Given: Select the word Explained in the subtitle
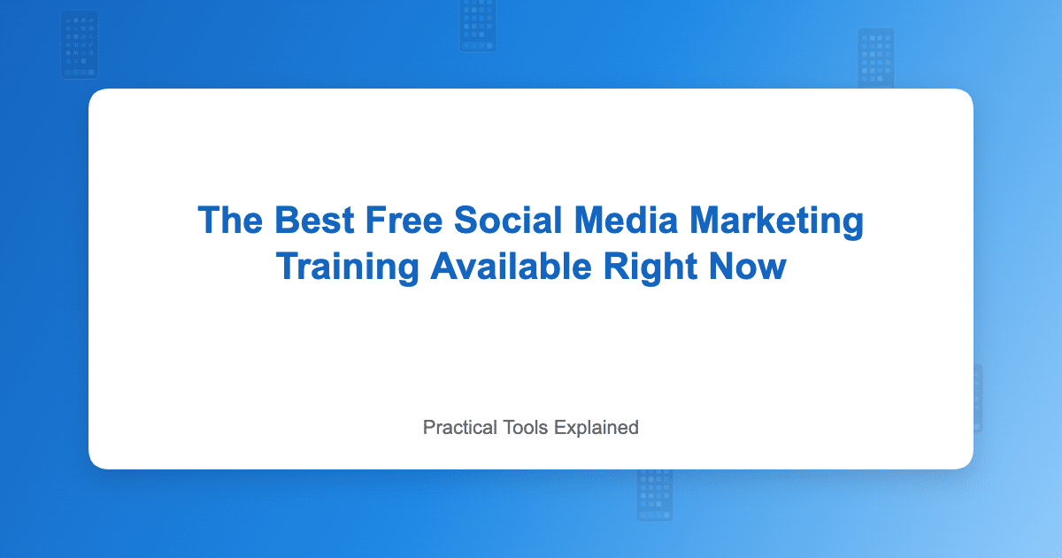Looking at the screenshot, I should [x=596, y=427].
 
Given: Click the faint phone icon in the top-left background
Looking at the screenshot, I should [x=80, y=45].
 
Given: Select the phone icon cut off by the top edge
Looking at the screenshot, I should [x=478, y=25].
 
